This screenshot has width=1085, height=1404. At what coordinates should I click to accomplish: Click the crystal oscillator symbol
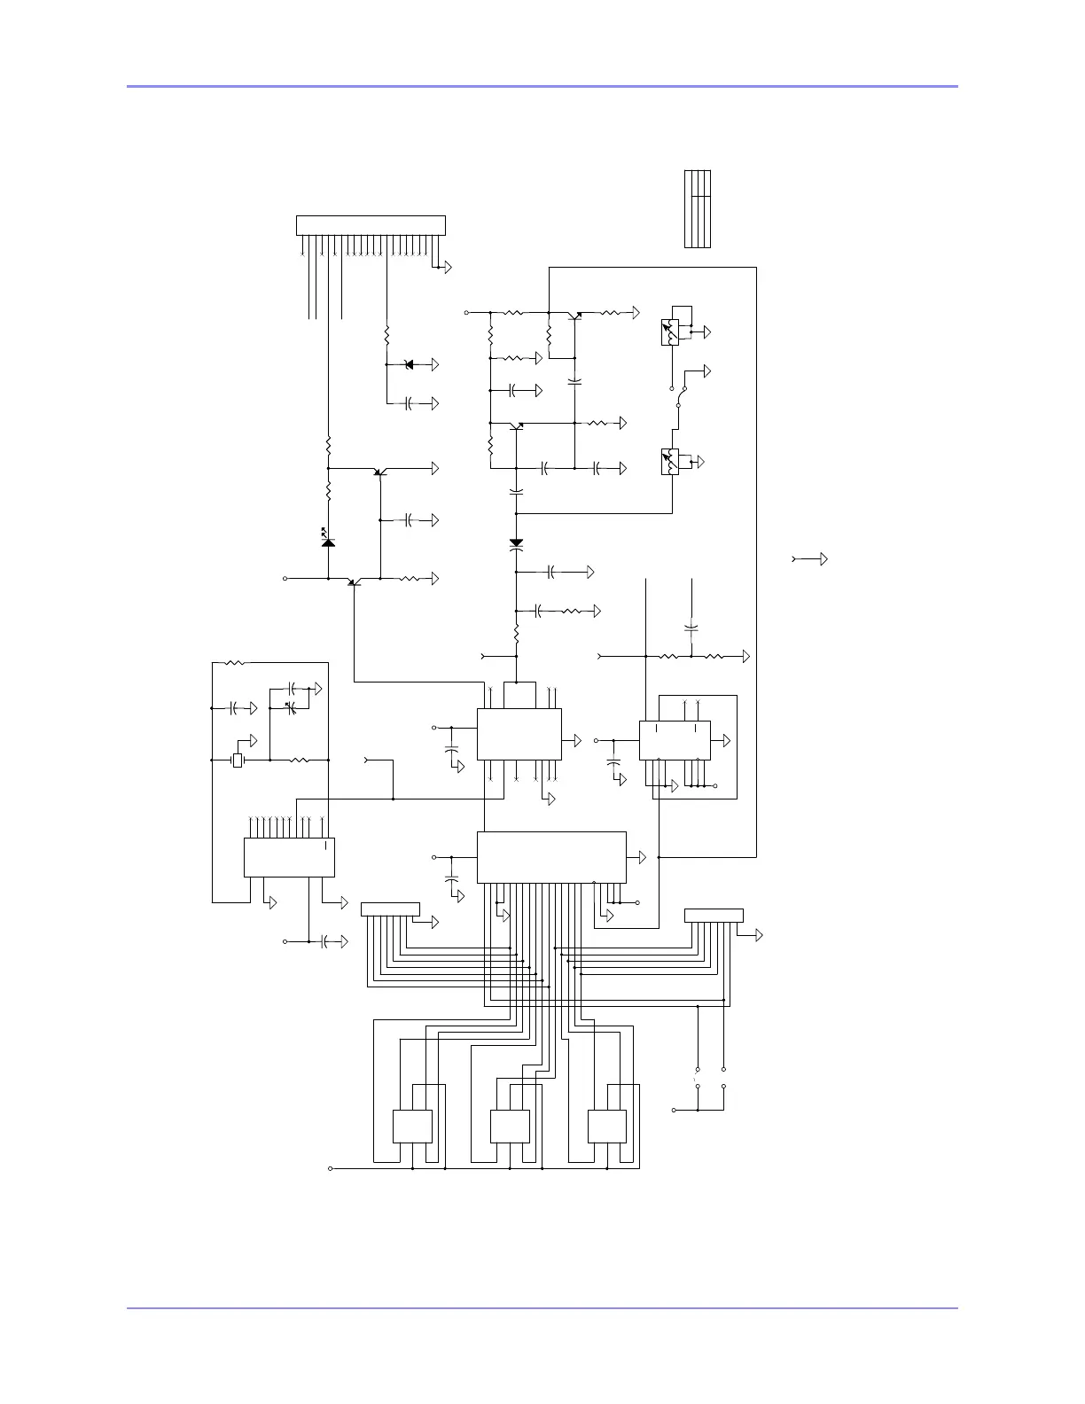[x=237, y=760]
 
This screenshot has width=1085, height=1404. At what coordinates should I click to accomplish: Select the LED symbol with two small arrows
[x=328, y=540]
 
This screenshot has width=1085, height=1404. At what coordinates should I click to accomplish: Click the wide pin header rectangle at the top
[x=371, y=225]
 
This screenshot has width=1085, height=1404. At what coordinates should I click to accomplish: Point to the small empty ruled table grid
[x=698, y=208]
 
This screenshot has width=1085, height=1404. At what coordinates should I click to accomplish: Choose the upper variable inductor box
[x=671, y=331]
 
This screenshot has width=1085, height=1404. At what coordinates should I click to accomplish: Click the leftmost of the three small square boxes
[x=412, y=1127]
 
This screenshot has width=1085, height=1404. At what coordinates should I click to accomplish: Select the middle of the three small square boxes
[x=510, y=1127]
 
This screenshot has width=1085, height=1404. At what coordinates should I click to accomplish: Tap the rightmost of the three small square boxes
[x=607, y=1127]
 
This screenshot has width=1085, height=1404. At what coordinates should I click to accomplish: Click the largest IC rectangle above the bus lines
[x=551, y=857]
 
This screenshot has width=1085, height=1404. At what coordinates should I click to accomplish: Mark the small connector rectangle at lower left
[x=390, y=909]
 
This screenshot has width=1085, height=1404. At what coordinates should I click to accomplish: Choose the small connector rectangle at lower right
[x=714, y=916]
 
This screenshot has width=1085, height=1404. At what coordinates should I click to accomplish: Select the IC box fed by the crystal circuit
[x=289, y=857]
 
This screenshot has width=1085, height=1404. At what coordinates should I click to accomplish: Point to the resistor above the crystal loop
[x=235, y=662]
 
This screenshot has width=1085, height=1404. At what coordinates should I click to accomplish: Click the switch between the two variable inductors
[x=678, y=403]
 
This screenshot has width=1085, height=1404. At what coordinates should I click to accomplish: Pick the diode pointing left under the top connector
[x=409, y=364]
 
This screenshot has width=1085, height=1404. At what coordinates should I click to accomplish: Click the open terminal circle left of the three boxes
[x=331, y=1169]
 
